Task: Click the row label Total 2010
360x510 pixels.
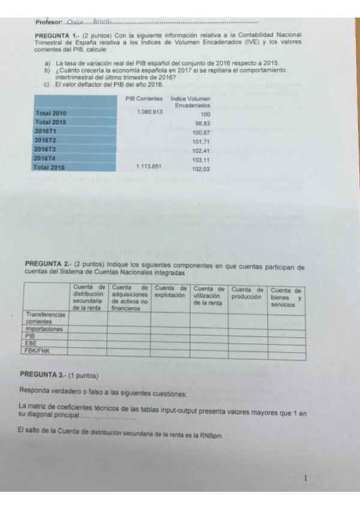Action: point(51,112)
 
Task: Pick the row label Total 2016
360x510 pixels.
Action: point(50,167)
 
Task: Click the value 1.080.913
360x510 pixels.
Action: point(149,112)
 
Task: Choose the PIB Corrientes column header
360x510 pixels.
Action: point(144,97)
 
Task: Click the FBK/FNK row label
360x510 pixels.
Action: point(37,350)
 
